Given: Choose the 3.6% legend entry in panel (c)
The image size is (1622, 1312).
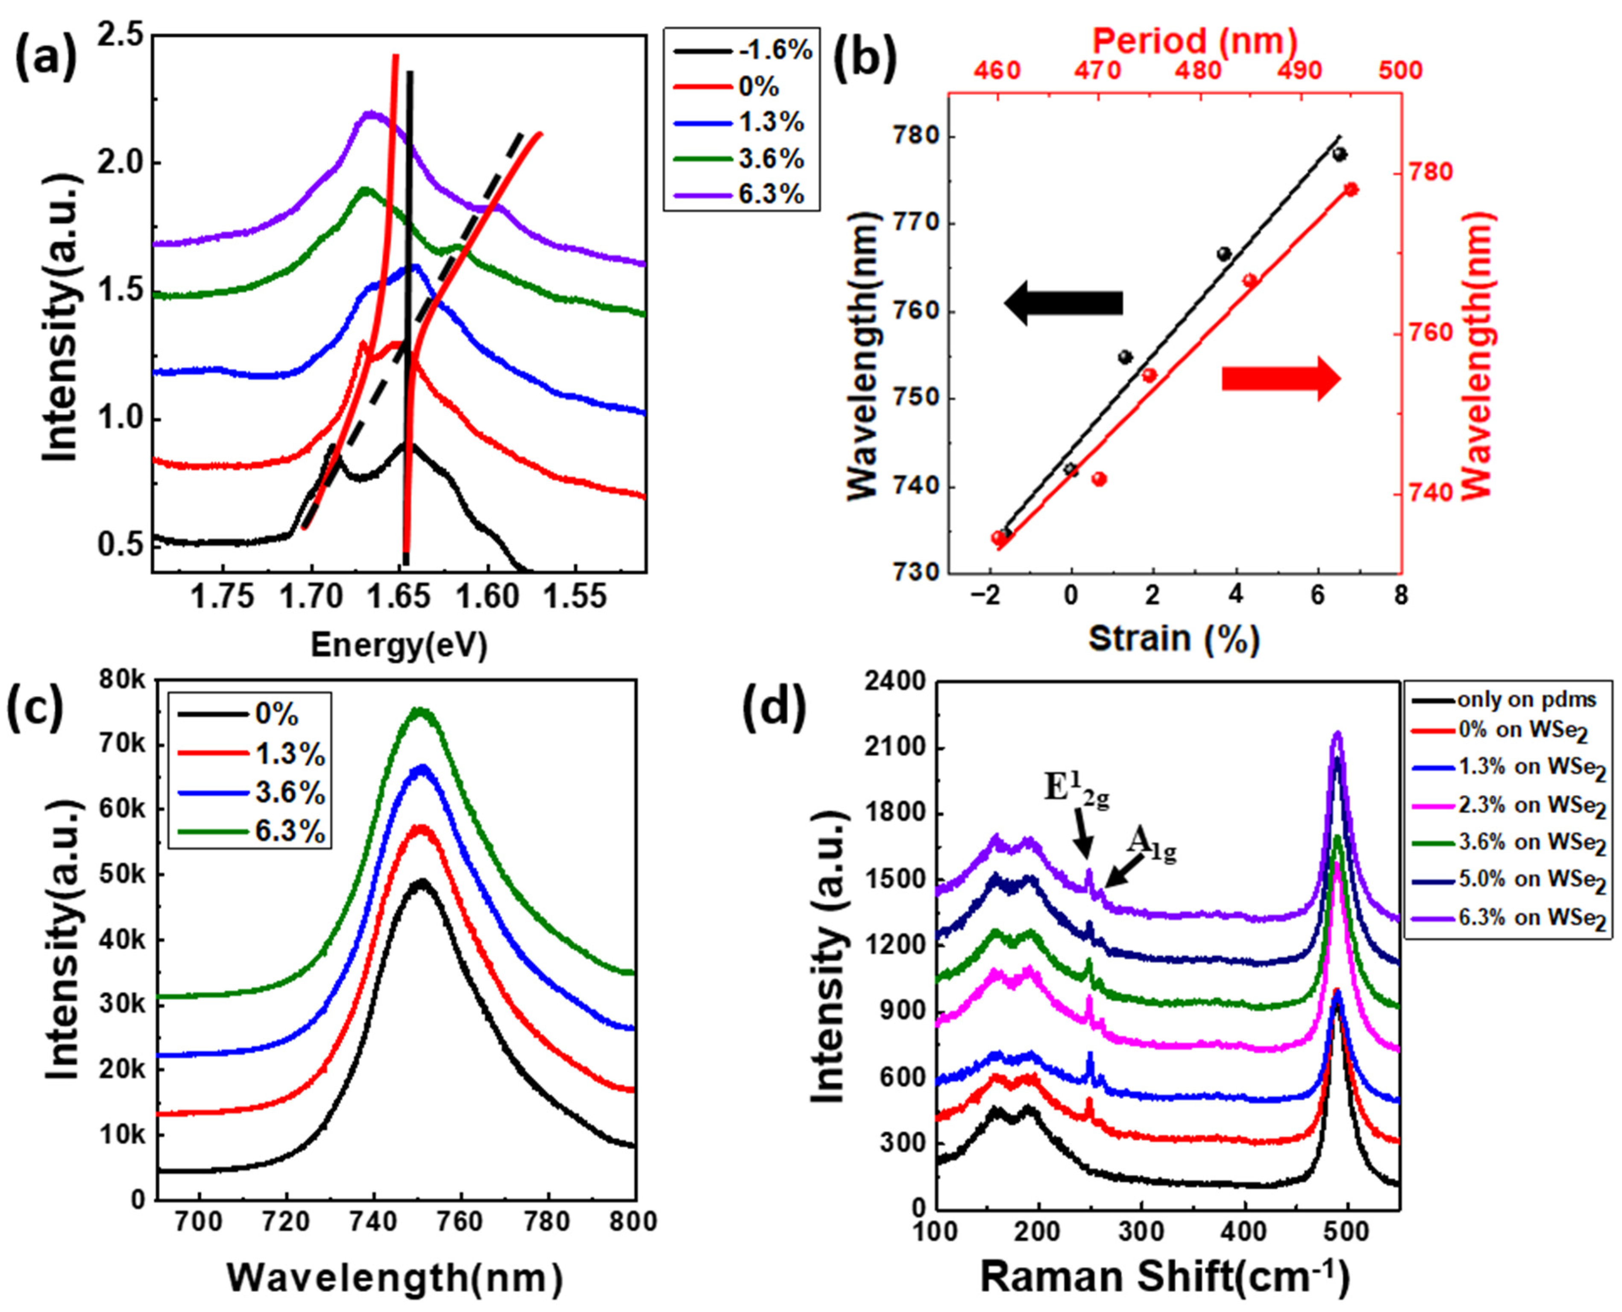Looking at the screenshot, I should (291, 794).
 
